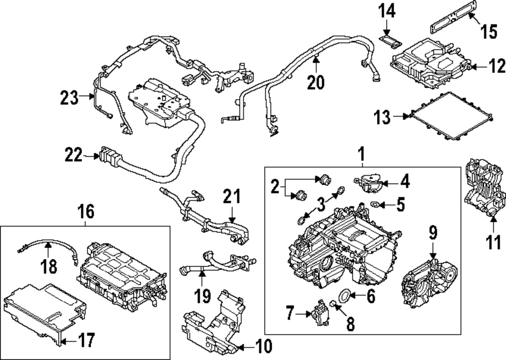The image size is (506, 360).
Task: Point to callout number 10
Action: coord(264,346)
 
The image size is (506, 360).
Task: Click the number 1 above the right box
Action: coord(362,154)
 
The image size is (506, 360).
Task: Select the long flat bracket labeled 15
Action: coord(449,17)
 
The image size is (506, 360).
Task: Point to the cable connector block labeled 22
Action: coord(110,156)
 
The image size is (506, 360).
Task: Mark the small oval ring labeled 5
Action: coord(375,204)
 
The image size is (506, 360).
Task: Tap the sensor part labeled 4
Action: coord(367,182)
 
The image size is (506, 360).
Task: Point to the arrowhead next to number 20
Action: coord(316,59)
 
